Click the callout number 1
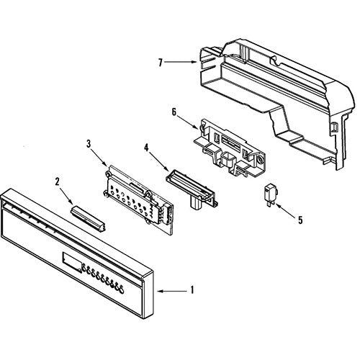pyautogui.click(x=192, y=290)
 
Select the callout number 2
pyautogui.click(x=57, y=181)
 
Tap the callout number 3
pyautogui.click(x=89, y=144)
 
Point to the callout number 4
pyautogui.click(x=146, y=148)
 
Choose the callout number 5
pyautogui.click(x=300, y=220)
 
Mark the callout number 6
pyautogui.click(x=174, y=112)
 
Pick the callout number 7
pyautogui.click(x=161, y=63)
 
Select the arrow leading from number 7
pyautogui.click(x=181, y=62)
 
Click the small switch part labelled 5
pyautogui.click(x=271, y=194)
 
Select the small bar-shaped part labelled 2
pyautogui.click(x=88, y=218)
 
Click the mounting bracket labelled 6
pyautogui.click(x=230, y=148)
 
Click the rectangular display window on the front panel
pyautogui.click(x=71, y=262)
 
